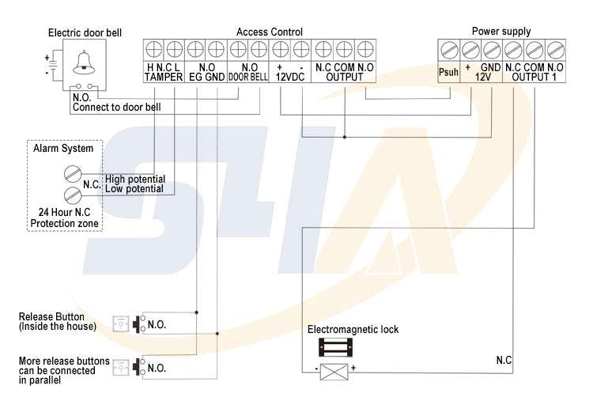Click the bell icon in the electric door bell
point(83,62)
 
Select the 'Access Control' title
point(270,32)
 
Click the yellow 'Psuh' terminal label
point(448,73)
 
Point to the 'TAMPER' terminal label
point(164,78)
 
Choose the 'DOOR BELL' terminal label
point(250,78)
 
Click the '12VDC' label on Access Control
point(289,78)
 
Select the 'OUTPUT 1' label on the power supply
point(535,78)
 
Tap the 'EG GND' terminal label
point(206,78)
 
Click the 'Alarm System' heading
point(62,148)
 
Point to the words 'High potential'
point(134,180)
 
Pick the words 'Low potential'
point(134,189)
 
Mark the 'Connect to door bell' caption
point(117,106)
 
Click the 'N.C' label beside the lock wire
point(504,361)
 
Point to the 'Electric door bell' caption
point(85,32)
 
